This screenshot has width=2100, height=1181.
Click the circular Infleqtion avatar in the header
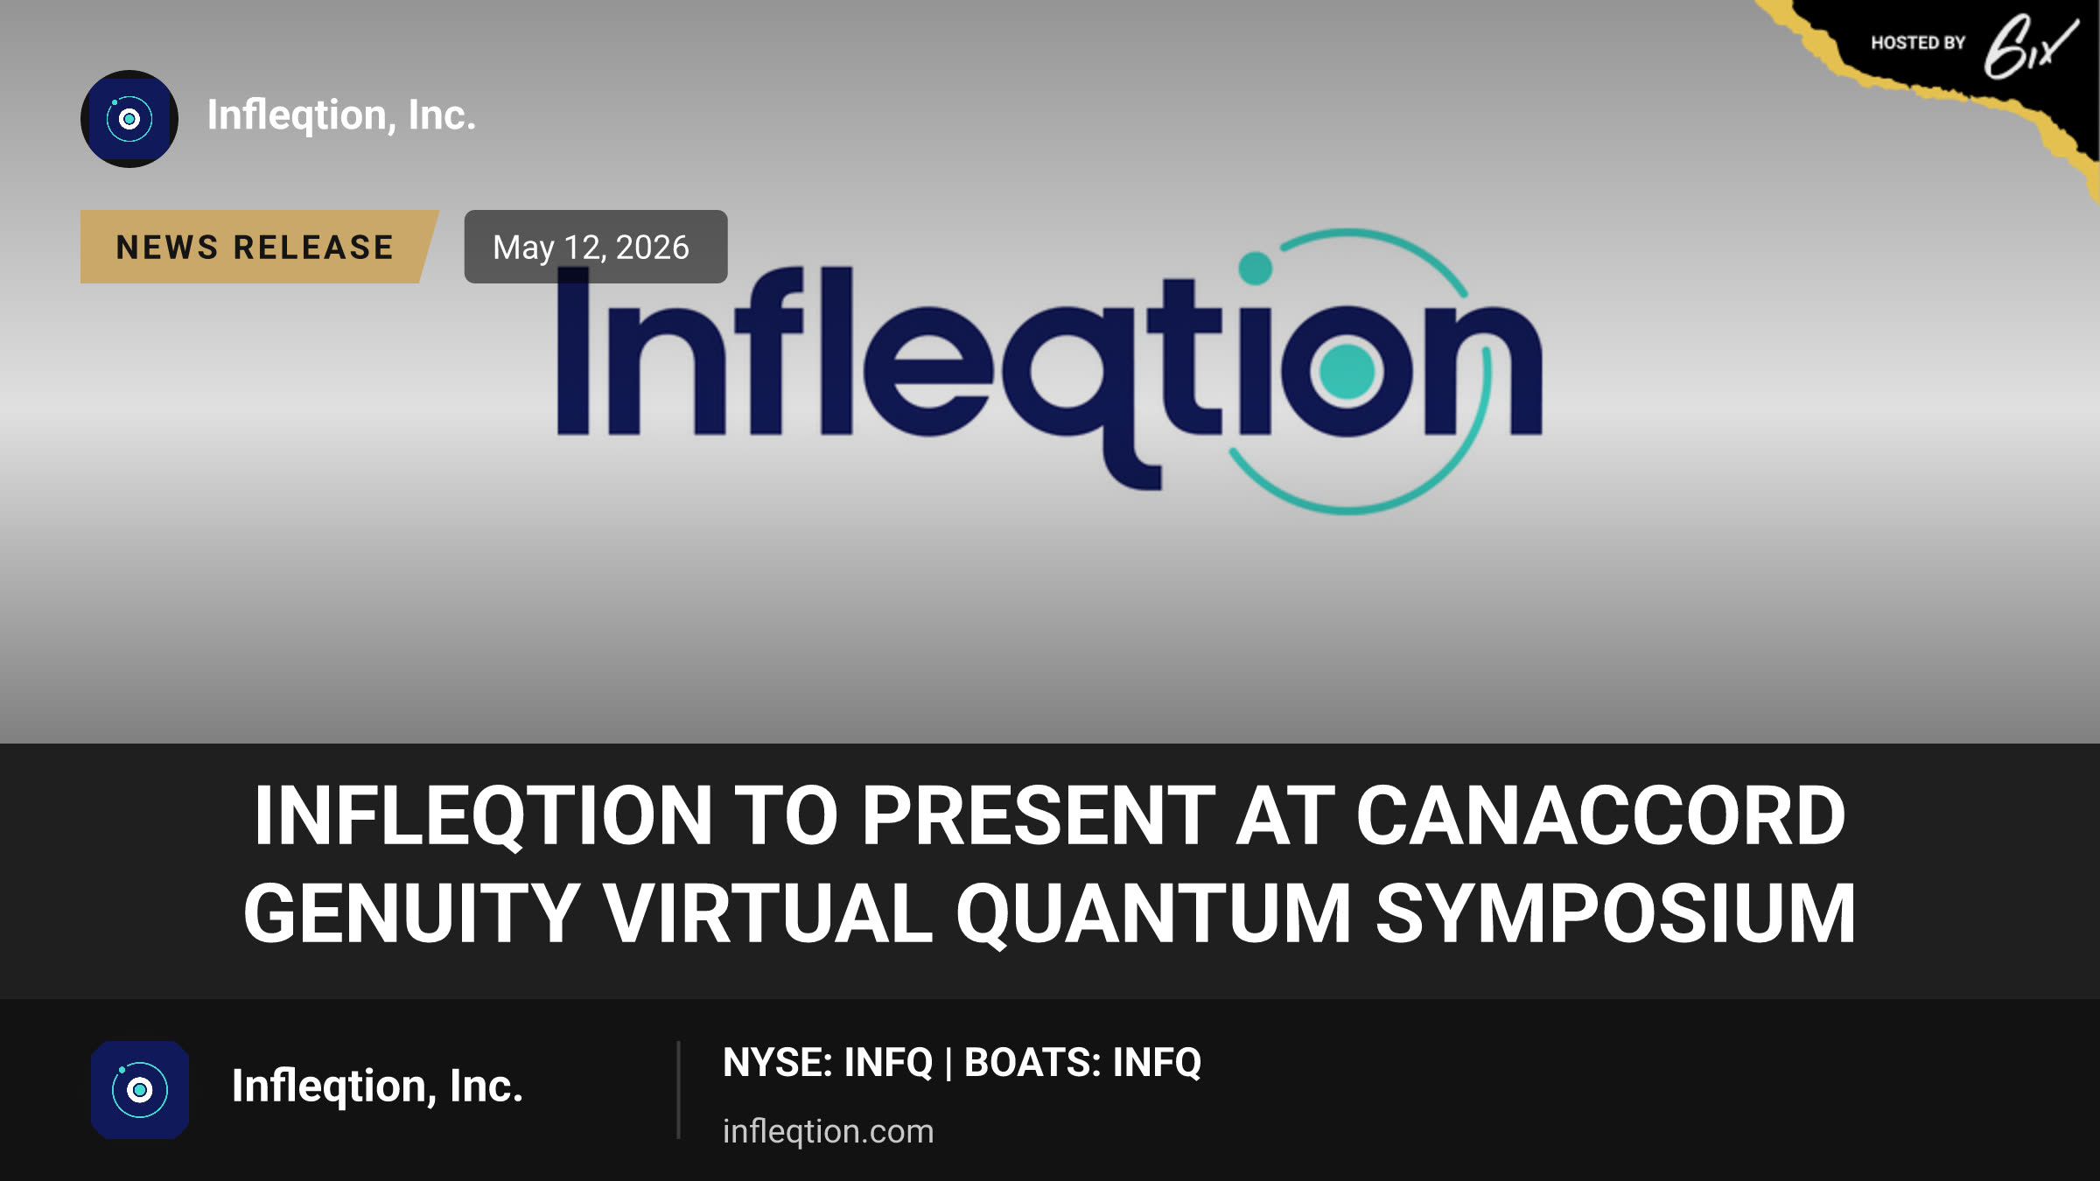129,119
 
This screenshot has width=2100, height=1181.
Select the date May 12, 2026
591,248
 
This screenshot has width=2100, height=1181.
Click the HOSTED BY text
1918,43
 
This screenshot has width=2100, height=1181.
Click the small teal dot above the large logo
1256,268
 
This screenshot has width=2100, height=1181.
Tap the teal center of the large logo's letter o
1347,371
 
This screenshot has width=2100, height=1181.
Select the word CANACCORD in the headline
1600,816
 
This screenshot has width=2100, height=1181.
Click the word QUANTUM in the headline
1154,915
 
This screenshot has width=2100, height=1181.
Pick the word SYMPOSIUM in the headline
1615,914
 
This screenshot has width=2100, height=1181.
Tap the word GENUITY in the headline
411,914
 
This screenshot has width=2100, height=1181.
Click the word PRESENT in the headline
1039,816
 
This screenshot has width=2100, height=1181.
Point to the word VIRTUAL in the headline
768,914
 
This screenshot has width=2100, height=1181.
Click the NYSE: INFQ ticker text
828,1063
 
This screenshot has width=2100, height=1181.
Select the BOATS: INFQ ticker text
1082,1063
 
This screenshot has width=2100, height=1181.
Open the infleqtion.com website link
828,1131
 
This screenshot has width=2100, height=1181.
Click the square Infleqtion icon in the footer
140,1090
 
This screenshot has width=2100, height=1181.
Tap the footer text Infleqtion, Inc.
377,1087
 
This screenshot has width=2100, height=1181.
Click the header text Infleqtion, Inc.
341,115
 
